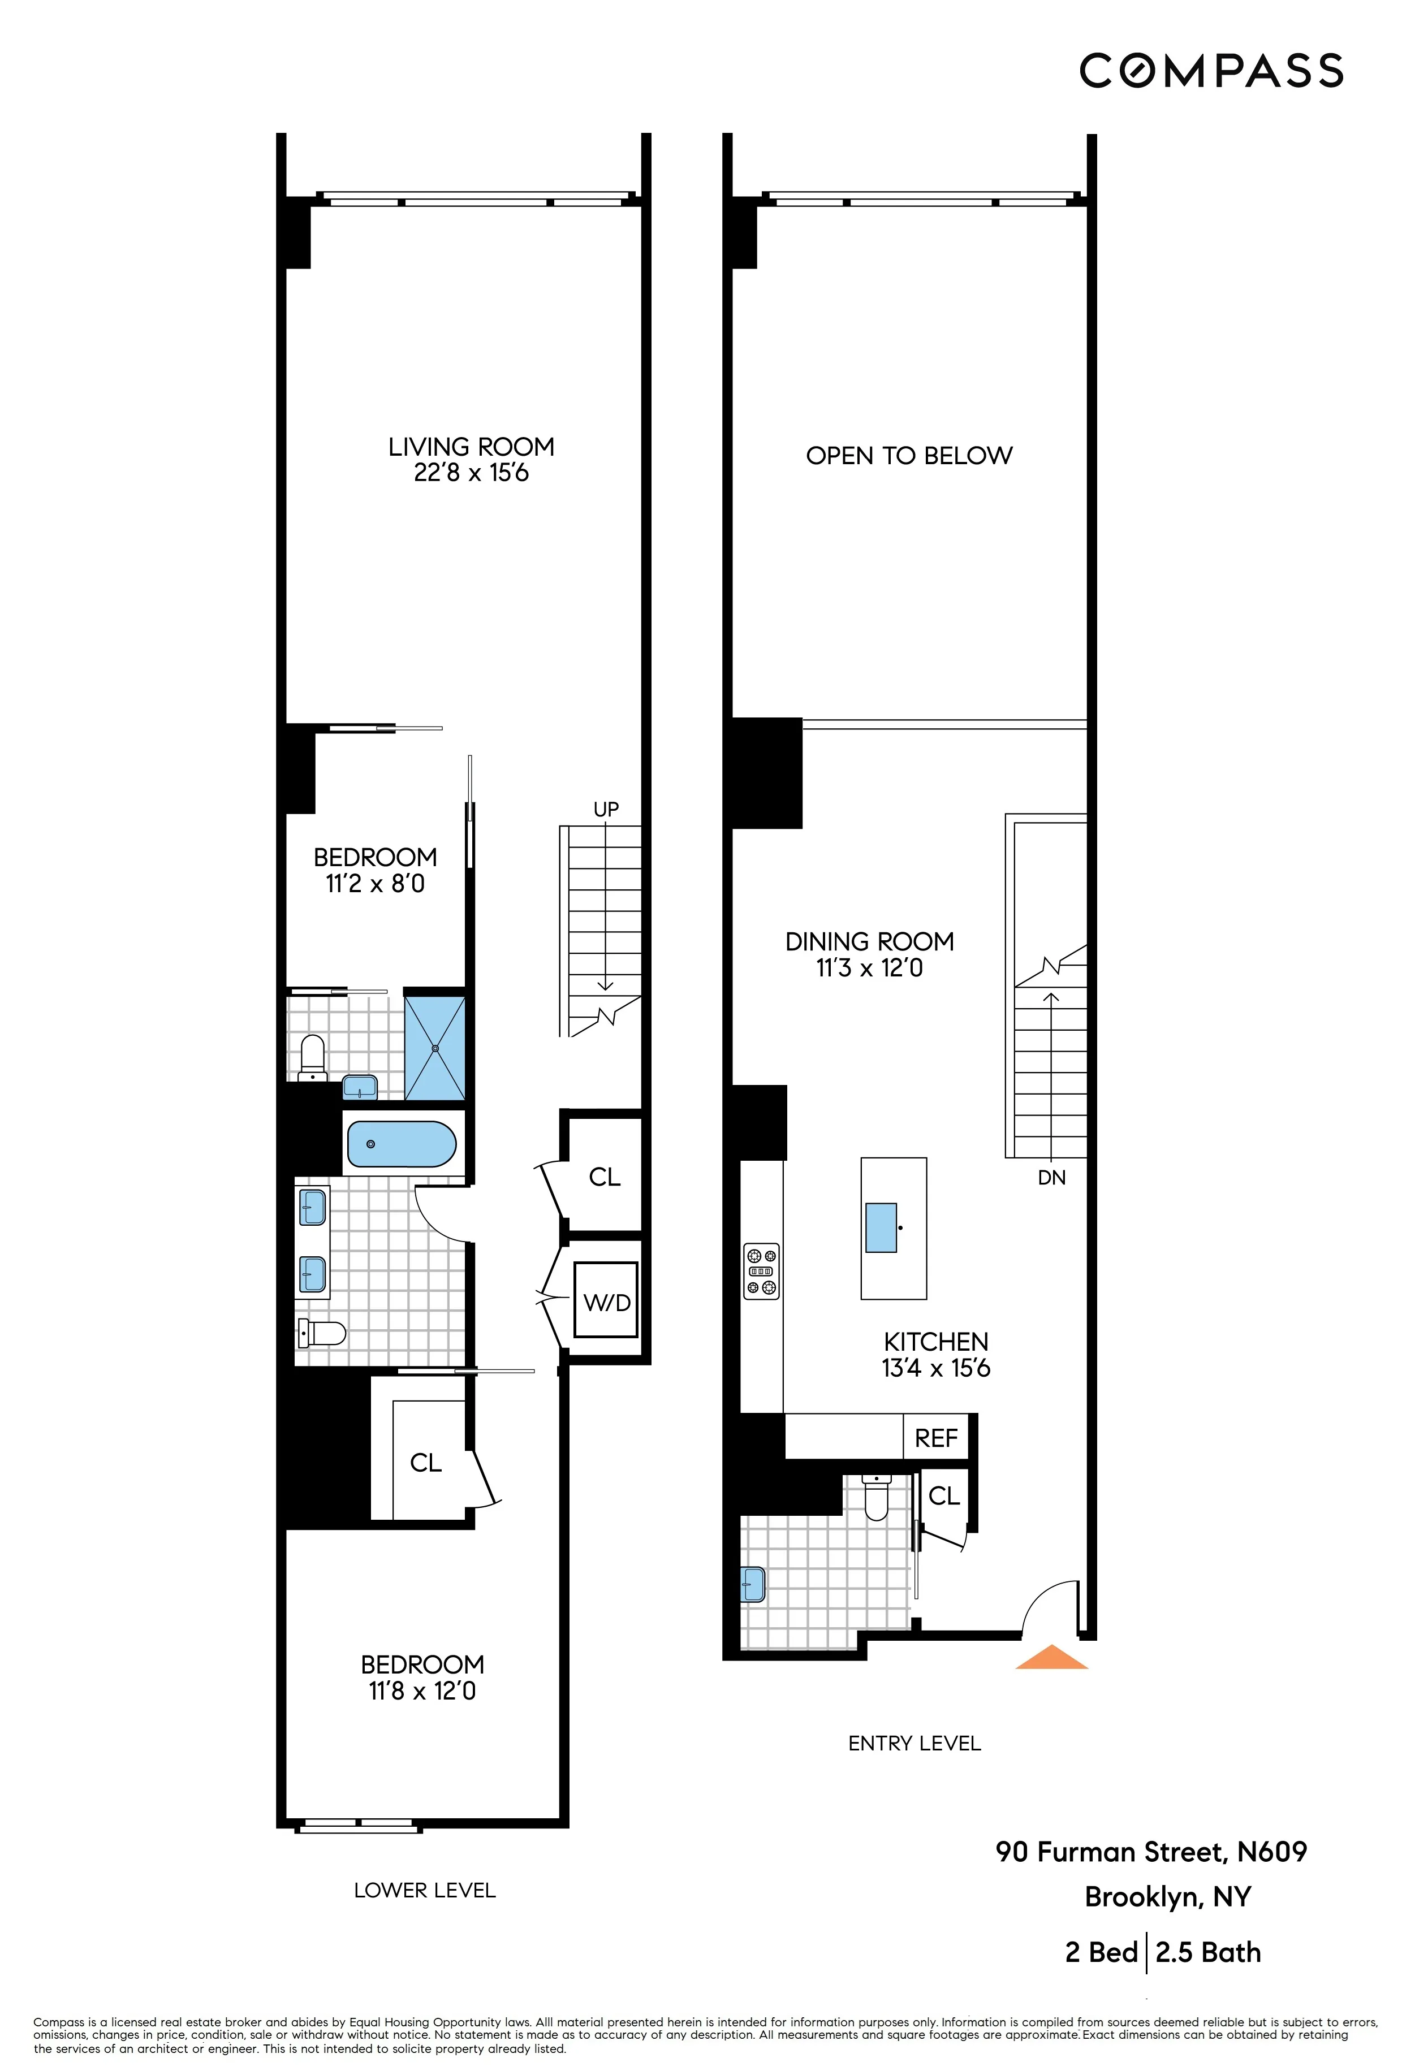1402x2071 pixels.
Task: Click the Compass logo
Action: tap(1210, 71)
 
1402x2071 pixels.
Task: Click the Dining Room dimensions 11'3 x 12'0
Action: tap(869, 968)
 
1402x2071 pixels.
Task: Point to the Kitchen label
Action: tap(936, 1341)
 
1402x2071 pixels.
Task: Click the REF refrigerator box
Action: tap(936, 1437)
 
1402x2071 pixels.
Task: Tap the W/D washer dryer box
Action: tap(606, 1302)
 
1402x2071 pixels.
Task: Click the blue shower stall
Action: tap(435, 1048)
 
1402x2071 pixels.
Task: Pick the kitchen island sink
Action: tap(882, 1227)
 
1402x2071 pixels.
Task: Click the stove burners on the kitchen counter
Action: tap(761, 1270)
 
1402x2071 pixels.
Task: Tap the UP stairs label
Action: tap(606, 809)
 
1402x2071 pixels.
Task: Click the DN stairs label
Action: tap(1052, 1178)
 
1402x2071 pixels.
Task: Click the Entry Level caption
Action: tap(914, 1743)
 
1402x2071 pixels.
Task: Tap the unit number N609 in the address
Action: tap(1271, 1852)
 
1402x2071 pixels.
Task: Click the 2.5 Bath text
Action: tap(1207, 1952)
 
